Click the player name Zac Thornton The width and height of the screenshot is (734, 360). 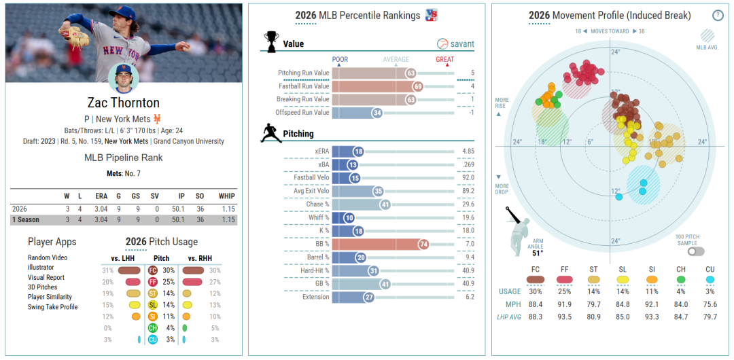(x=124, y=103)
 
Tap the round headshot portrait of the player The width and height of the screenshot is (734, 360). (x=124, y=78)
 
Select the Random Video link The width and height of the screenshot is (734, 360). (x=48, y=258)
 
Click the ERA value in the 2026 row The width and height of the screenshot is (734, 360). (x=101, y=208)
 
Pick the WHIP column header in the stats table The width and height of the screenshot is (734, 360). (x=226, y=196)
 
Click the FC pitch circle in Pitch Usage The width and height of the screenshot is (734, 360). (x=152, y=270)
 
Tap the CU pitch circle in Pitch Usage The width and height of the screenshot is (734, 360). (x=152, y=340)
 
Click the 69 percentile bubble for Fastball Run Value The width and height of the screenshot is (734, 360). (x=417, y=86)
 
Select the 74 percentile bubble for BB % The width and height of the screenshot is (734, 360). (x=423, y=244)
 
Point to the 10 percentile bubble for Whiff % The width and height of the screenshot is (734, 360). (x=349, y=217)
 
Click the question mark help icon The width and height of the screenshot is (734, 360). (x=718, y=15)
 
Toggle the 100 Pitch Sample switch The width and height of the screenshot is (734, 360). (x=696, y=252)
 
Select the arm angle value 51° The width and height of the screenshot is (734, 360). (x=538, y=253)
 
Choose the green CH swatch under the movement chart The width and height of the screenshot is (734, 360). (x=681, y=279)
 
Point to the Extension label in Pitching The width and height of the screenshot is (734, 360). (x=315, y=297)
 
